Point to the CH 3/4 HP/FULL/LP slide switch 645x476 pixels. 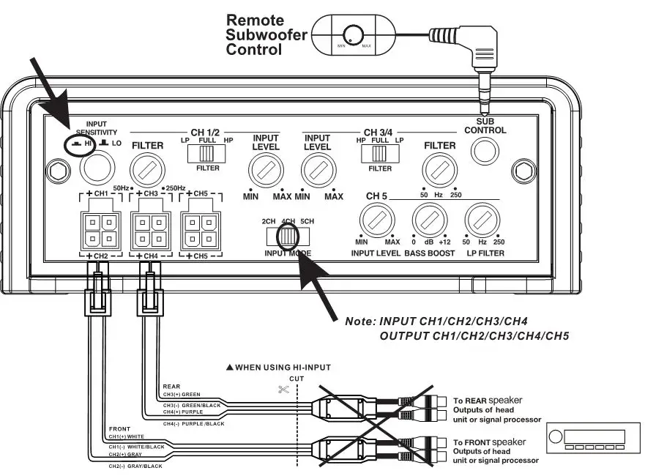379,153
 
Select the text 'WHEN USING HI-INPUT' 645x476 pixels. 283,366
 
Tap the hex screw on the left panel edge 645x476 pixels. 54,171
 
